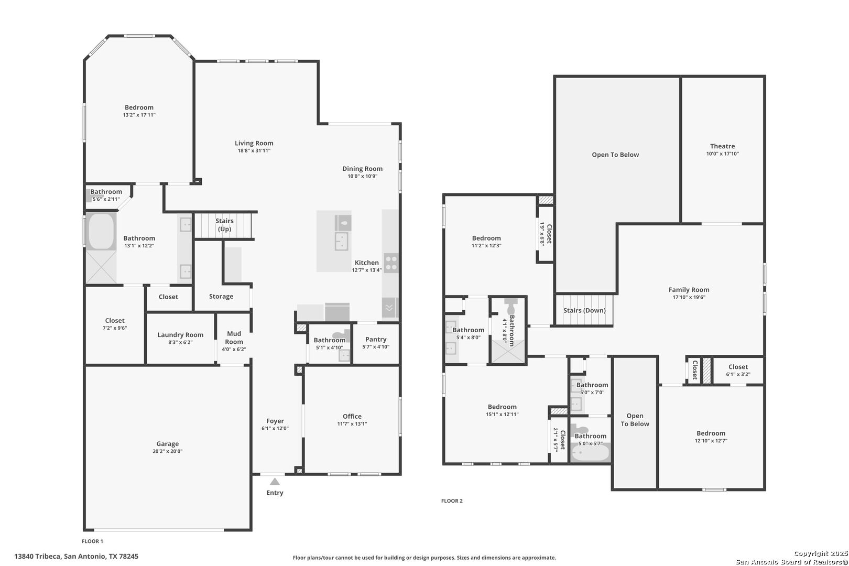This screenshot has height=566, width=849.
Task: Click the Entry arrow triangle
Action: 275,482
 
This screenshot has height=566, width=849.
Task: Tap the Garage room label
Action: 168,443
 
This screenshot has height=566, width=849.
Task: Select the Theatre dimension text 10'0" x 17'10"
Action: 722,154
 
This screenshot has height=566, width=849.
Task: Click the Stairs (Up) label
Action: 224,225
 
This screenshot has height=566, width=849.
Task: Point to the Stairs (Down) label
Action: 584,310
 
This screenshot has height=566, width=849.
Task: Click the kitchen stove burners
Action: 391,263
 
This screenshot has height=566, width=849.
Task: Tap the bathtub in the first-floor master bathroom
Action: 101,231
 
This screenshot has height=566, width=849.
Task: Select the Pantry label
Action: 376,339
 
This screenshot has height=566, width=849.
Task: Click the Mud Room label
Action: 234,338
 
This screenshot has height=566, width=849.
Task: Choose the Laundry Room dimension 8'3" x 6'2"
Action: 180,342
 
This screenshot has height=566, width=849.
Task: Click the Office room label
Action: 352,416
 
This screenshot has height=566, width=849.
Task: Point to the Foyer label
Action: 275,421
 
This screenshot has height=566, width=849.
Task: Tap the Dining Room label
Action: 362,169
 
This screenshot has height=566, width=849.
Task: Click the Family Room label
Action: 689,290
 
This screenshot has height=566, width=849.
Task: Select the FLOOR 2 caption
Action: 452,501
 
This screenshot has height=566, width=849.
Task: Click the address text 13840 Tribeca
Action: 37,556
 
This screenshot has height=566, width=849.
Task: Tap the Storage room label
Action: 221,297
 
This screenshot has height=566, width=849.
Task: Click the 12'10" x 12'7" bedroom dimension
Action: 711,441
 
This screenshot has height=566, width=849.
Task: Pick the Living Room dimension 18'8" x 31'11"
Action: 254,150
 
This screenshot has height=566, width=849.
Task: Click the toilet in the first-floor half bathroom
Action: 340,335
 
